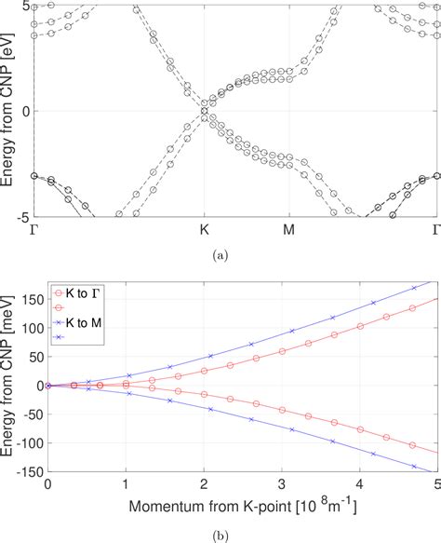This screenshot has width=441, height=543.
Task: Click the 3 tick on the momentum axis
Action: tap(281, 486)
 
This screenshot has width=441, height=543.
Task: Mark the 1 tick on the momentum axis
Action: tap(126, 486)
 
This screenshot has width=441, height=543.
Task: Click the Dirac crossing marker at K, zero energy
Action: tap(205, 111)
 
